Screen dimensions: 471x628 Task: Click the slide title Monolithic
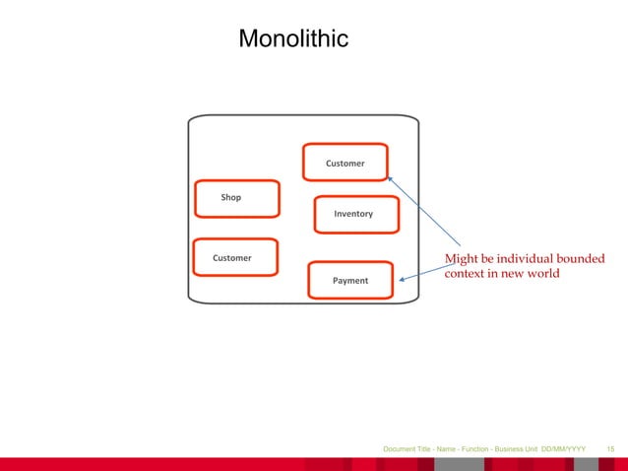[x=293, y=39]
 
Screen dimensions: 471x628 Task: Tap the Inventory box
[x=352, y=214]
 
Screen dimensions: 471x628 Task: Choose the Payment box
[x=350, y=281]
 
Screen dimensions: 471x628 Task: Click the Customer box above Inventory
[x=345, y=163]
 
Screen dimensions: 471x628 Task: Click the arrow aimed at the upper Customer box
[x=423, y=211]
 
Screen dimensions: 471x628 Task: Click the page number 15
[x=611, y=449]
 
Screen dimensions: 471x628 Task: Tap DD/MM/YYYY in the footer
[x=563, y=449]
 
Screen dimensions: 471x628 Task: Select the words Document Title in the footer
[x=408, y=449]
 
